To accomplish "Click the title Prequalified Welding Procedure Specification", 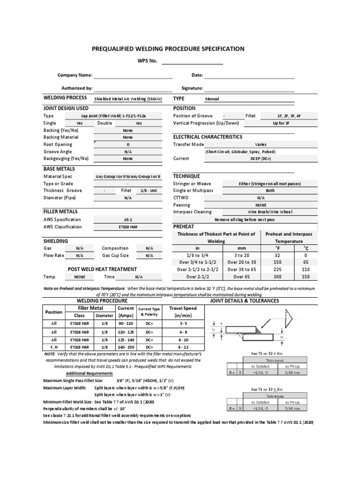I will click(x=167, y=49).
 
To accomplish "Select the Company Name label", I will click(x=75, y=75).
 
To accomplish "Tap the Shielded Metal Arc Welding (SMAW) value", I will click(x=128, y=99).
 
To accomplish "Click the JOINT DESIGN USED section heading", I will click(x=66, y=108).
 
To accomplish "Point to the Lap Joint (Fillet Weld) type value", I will click(x=128, y=116).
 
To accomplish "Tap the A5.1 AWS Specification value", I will click(x=128, y=219).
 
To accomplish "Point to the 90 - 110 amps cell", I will click(x=126, y=323).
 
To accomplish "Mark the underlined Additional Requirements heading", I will click(x=89, y=373).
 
